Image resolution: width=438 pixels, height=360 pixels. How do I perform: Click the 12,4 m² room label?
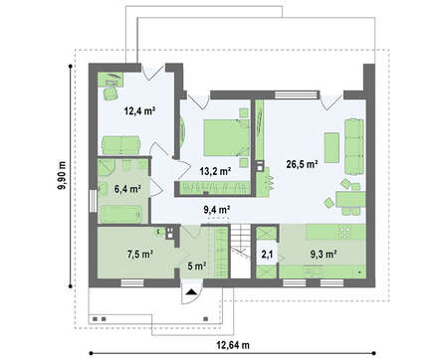[x=139, y=110]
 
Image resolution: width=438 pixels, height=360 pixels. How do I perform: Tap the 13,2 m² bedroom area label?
[x=215, y=171]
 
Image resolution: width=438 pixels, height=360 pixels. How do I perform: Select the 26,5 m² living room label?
[x=303, y=164]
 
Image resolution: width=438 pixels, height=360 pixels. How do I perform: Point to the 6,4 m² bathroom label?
[x=127, y=189]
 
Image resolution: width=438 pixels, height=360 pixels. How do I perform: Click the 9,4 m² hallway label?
[x=217, y=210]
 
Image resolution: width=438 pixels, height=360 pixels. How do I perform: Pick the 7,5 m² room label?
[x=139, y=255]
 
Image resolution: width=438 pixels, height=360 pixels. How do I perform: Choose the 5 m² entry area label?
[x=197, y=266]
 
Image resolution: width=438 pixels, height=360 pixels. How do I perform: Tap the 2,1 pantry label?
[x=267, y=255]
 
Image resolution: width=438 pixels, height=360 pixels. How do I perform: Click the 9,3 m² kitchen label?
[x=324, y=255]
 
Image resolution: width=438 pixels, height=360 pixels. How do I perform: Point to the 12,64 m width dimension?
[x=233, y=345]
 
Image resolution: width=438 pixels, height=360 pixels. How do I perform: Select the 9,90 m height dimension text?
[x=62, y=176]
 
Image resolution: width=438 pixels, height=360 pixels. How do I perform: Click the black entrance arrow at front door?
[x=191, y=291]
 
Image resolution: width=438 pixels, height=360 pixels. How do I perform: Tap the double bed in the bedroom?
[x=226, y=137]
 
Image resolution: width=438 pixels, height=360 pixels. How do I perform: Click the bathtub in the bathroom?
[x=121, y=214]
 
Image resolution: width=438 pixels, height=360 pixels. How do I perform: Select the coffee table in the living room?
[x=331, y=147]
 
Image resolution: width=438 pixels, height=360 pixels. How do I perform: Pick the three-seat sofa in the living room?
[x=354, y=146]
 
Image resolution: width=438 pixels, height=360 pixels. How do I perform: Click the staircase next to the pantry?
[x=241, y=251]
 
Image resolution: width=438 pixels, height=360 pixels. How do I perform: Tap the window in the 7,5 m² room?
[x=132, y=282]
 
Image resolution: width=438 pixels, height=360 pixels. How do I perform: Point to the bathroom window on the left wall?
[x=93, y=201]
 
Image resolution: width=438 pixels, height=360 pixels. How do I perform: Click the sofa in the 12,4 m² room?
[x=120, y=145]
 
